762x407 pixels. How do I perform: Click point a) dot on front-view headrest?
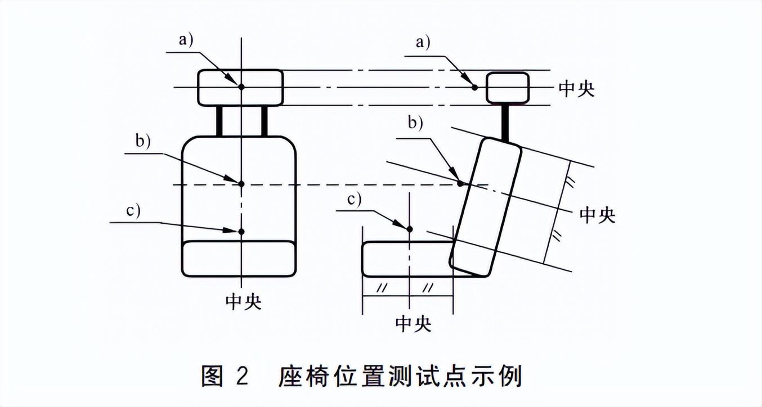[x=241, y=87]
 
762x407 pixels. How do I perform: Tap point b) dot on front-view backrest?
[x=241, y=184]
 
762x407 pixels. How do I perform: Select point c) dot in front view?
[x=241, y=232]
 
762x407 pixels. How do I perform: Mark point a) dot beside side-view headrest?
[x=475, y=87]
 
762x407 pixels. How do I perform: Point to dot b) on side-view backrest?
[x=460, y=183]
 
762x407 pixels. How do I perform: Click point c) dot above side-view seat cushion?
[x=410, y=229]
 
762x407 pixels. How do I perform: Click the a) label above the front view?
[x=186, y=40]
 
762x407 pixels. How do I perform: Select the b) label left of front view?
[x=143, y=141]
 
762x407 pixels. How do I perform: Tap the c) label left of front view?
[x=133, y=210]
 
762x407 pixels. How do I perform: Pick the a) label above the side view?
[x=423, y=43]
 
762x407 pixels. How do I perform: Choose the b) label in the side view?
[x=415, y=123]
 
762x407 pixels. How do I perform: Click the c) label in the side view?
[x=354, y=199]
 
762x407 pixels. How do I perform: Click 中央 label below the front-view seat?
[x=244, y=302]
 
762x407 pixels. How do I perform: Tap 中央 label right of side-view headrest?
[x=577, y=89]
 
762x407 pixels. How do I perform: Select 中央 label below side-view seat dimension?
[x=413, y=324]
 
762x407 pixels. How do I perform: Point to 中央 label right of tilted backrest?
[x=597, y=215]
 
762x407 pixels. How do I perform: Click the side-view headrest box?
[x=508, y=88]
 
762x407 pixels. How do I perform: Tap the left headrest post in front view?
[x=219, y=121]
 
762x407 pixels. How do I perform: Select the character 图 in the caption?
[x=212, y=376]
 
